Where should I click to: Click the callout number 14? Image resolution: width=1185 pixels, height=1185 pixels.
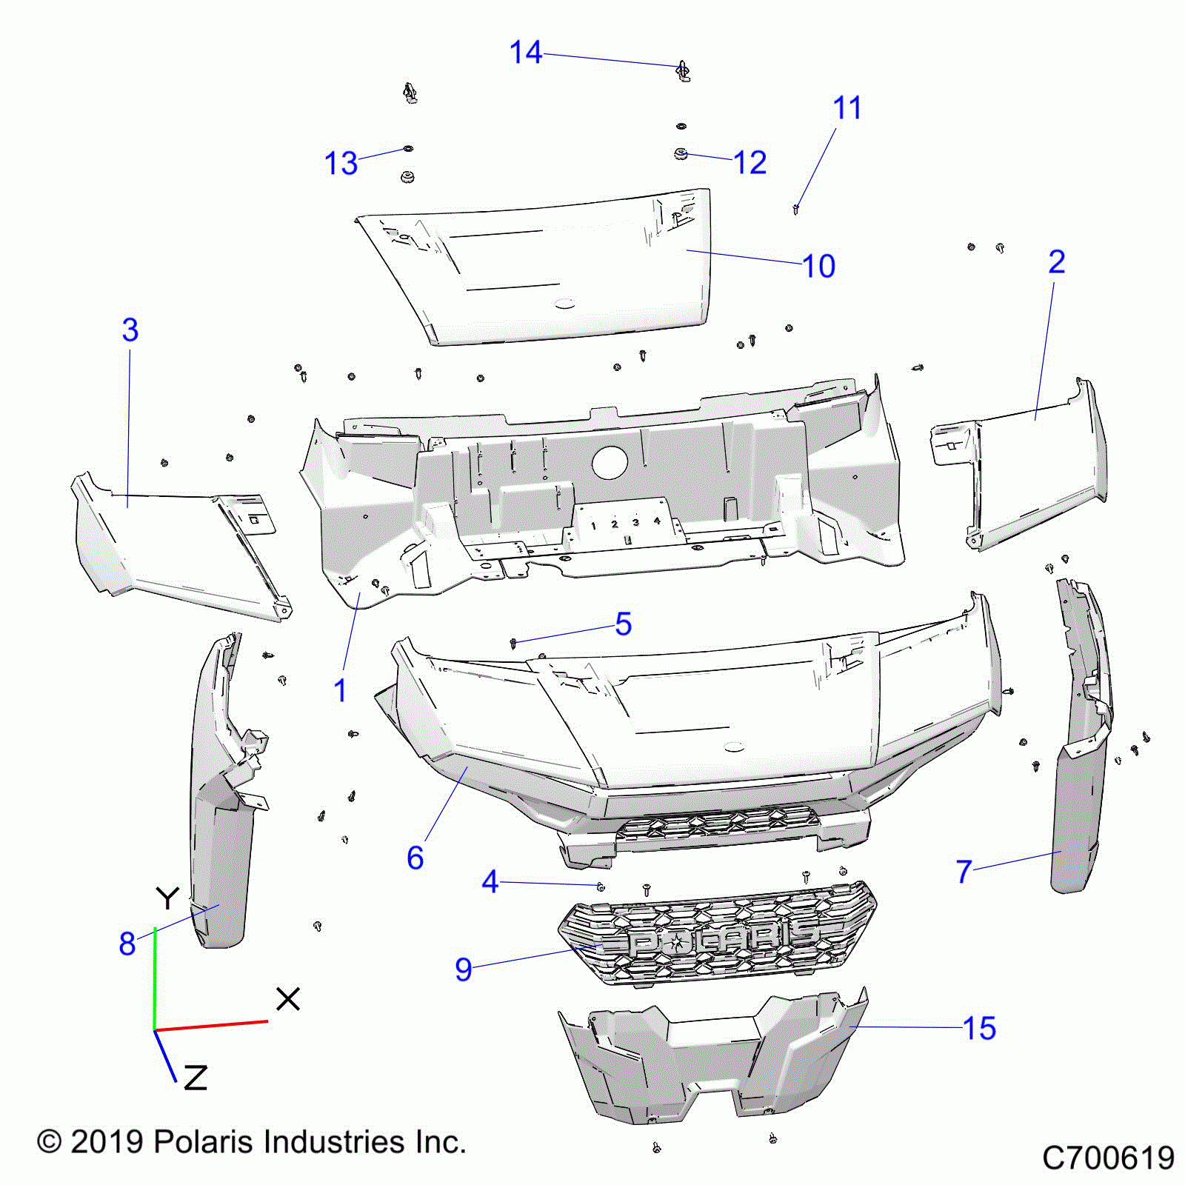(526, 53)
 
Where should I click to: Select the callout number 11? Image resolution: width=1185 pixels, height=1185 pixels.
(847, 108)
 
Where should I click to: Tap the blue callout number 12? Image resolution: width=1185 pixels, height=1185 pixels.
(750, 162)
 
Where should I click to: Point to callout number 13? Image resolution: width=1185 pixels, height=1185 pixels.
(341, 163)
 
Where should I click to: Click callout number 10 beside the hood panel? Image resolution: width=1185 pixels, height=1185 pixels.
(818, 266)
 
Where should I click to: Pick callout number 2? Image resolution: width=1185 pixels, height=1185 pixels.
(1057, 261)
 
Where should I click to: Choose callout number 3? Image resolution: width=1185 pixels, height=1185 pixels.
(130, 330)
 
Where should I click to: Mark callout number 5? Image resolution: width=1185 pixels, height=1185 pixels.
(624, 624)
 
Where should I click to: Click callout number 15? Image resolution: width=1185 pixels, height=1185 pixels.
(979, 1028)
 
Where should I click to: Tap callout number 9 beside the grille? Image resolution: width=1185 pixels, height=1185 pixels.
(464, 969)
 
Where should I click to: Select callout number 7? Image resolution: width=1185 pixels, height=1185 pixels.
(963, 872)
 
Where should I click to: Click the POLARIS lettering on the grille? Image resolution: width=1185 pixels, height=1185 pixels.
(722, 941)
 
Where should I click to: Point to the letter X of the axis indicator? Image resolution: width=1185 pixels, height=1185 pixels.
(287, 999)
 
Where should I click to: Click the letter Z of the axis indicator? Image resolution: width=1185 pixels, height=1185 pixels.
(195, 1078)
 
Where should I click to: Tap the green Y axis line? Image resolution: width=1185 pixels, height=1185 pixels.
(154, 978)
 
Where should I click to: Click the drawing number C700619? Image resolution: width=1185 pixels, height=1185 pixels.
(1108, 1158)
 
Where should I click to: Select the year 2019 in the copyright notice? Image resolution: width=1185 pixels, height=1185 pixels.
(107, 1141)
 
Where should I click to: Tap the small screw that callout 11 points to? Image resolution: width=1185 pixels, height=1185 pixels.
(796, 209)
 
